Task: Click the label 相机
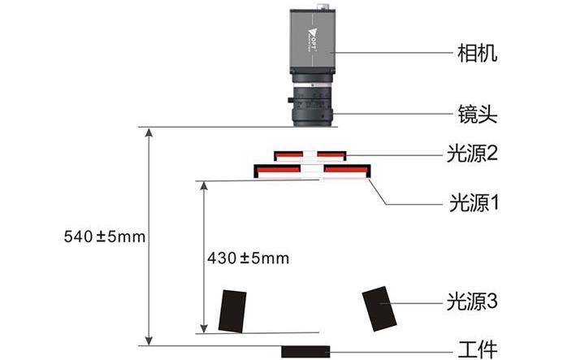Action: click(x=477, y=54)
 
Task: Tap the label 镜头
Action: click(x=478, y=114)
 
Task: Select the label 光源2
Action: click(x=472, y=154)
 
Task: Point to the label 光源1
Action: click(x=474, y=203)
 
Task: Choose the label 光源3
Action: click(x=472, y=302)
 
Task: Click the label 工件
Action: click(x=478, y=349)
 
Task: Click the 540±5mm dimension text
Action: click(x=105, y=236)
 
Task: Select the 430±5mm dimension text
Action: click(x=249, y=258)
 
